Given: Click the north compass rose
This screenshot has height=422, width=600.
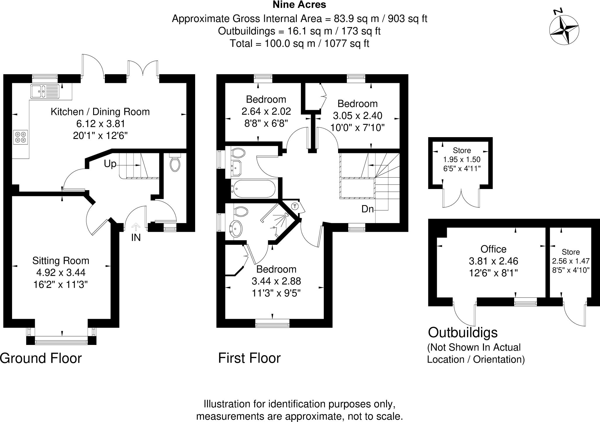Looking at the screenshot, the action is (x=564, y=30).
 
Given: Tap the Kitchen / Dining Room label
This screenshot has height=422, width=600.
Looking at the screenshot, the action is (x=100, y=112).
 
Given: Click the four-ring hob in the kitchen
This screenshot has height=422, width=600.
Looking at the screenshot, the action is (x=21, y=137).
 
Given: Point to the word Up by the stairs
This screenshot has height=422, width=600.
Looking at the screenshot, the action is (x=110, y=164).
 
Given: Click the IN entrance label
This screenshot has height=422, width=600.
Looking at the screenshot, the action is (x=136, y=238).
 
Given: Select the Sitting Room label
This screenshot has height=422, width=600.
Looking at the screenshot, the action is (x=61, y=261).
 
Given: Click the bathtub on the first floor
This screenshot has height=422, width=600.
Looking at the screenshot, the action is (x=253, y=188).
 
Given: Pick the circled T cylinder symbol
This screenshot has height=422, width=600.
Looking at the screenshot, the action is (x=295, y=206).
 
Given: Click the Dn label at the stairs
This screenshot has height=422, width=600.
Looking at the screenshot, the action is (x=368, y=209).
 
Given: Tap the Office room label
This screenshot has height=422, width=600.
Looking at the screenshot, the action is (x=493, y=249).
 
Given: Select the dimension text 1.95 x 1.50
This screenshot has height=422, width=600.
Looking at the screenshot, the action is (x=462, y=160).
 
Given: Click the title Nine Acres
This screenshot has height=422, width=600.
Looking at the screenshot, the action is (x=299, y=5).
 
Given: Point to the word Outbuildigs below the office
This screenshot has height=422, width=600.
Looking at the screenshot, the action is (x=463, y=333).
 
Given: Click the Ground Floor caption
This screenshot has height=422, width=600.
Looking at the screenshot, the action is (x=41, y=358).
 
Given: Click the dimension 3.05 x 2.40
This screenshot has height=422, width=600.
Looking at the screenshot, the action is (x=357, y=116).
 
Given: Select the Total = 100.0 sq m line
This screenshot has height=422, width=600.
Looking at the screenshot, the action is (x=299, y=43).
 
